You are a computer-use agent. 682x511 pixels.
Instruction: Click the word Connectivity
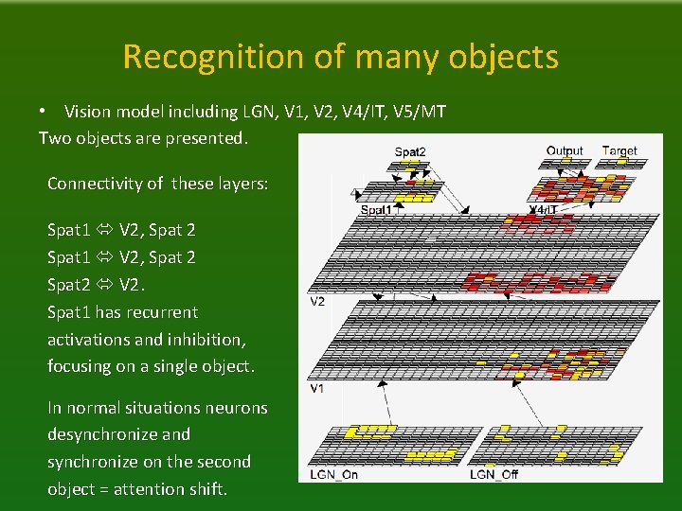point(93,184)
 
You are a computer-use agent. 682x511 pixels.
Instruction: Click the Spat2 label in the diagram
point(409,151)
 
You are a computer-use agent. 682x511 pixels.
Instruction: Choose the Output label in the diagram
point(565,150)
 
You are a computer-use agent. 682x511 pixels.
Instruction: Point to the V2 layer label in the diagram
point(317,302)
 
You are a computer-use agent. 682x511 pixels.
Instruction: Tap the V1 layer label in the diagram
point(317,388)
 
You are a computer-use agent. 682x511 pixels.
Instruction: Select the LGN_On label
point(333,473)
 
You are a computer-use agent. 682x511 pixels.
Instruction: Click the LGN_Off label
point(494,473)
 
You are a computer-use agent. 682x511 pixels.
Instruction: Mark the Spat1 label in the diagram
point(376,209)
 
